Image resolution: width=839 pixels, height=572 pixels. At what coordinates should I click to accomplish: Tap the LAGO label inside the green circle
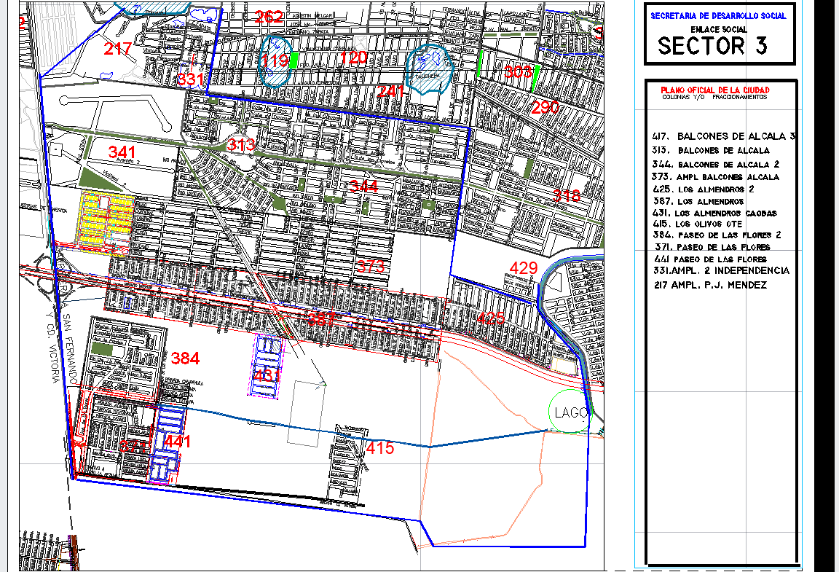[x=570, y=412]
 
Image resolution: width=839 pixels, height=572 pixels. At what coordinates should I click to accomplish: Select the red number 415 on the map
[x=380, y=448]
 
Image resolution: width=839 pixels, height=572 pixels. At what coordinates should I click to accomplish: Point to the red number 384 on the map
[x=186, y=359]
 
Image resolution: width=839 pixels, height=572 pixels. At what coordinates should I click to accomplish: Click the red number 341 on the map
[x=122, y=152]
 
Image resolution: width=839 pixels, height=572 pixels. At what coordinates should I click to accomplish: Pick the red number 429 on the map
[x=524, y=267]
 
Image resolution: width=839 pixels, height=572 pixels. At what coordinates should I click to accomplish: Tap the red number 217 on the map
[x=117, y=50]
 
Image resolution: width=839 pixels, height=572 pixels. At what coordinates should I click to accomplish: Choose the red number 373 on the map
[x=371, y=266]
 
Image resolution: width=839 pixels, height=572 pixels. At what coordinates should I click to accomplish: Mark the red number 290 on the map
[x=545, y=107]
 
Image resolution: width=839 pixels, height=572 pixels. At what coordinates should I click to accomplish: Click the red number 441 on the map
[x=178, y=442]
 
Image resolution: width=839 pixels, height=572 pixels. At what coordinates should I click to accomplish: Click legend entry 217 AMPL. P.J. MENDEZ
[x=710, y=286]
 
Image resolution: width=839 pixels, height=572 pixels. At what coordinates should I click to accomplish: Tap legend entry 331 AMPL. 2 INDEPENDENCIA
[x=721, y=271]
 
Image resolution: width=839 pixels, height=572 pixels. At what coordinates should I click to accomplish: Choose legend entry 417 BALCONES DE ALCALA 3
[x=725, y=136]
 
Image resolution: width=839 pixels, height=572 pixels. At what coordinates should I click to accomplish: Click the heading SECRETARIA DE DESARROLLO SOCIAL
[x=718, y=16]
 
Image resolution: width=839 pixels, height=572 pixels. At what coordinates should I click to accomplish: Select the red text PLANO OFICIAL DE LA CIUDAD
[x=714, y=90]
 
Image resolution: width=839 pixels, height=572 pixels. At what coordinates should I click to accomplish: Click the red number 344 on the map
[x=363, y=187]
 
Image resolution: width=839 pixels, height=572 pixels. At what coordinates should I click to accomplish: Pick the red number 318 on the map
[x=567, y=195]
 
